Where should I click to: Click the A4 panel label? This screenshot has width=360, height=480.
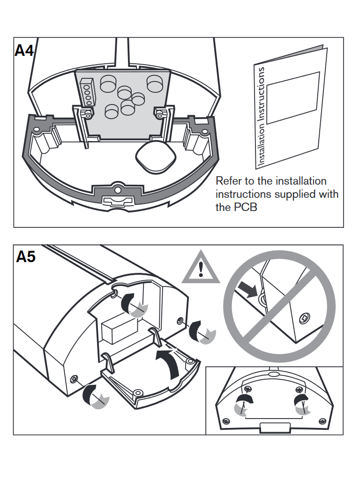coord(25,50)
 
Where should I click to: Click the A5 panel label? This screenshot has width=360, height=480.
coord(26,257)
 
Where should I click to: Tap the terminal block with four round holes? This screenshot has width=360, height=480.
coord(87,91)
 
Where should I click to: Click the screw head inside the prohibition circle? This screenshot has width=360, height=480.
coord(304,317)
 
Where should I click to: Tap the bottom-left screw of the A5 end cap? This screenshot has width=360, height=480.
coord(74,378)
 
